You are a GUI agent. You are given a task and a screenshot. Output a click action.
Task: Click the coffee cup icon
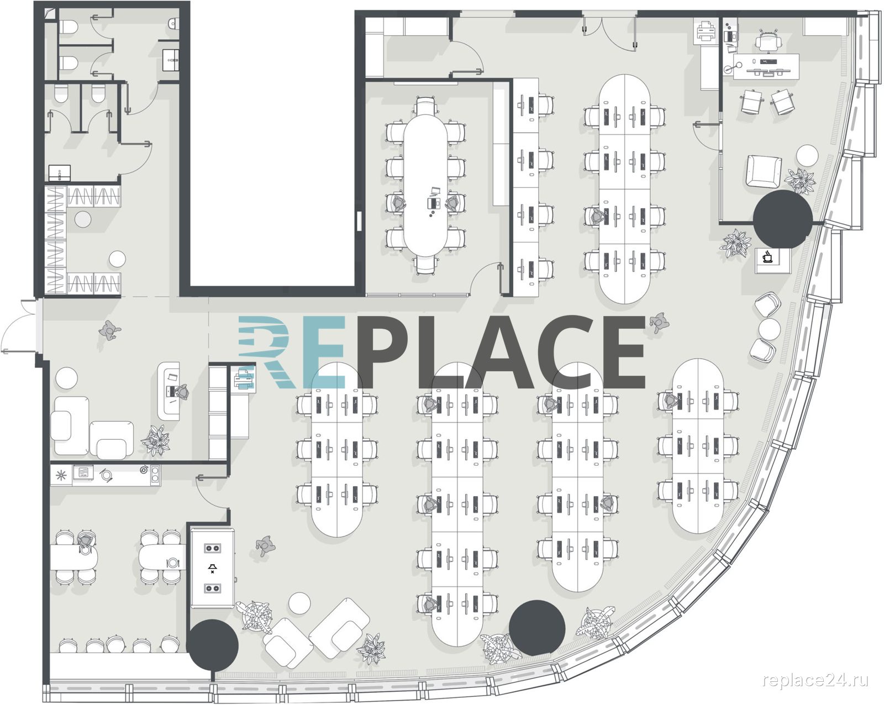click(767, 257)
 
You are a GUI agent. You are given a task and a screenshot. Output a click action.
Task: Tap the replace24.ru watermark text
click(815, 680)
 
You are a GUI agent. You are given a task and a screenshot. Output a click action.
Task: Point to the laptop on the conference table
click(433, 202)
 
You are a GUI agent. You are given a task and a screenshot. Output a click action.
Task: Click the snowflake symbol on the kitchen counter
click(61, 476)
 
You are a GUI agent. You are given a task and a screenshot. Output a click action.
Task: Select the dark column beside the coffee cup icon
click(783, 219)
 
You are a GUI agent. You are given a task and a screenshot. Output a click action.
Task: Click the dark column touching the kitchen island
click(212, 645)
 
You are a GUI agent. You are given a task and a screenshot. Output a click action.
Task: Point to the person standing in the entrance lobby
click(109, 330)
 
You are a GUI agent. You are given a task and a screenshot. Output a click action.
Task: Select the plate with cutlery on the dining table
click(173, 562)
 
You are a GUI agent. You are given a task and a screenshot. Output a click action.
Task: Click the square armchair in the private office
click(764, 171)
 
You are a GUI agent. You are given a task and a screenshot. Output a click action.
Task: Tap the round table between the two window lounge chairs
click(770, 329)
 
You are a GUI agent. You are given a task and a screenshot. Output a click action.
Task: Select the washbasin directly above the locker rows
click(60, 173)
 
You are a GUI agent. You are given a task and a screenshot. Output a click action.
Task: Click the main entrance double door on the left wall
click(20, 326)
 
